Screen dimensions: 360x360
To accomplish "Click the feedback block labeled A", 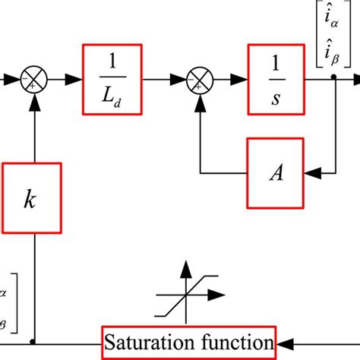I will pyautogui.click(x=274, y=173).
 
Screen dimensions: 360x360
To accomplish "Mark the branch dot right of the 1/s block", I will pyautogui.click(x=334, y=77).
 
